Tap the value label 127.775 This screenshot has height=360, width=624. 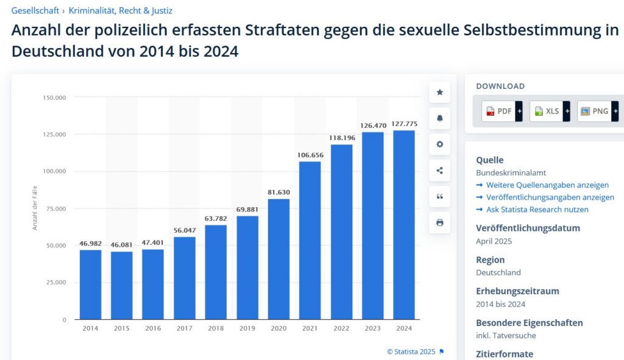coord(404,124)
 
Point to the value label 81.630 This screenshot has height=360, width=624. coord(278,192)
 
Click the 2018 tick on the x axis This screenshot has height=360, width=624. coord(216,328)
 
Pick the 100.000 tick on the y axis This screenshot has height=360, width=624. coord(54,171)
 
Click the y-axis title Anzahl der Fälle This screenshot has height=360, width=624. coord(35,208)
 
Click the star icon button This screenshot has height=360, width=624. coord(439,93)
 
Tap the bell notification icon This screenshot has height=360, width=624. coord(439,118)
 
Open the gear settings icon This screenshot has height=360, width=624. coord(439,144)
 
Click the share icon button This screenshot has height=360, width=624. coord(439,171)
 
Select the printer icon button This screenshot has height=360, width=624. coord(439,222)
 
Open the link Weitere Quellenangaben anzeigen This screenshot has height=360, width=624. coord(547,185)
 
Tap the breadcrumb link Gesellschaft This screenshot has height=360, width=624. coord(35,10)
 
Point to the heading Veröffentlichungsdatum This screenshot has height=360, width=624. coord(528,228)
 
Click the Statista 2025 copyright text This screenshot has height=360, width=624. coord(411,351)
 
